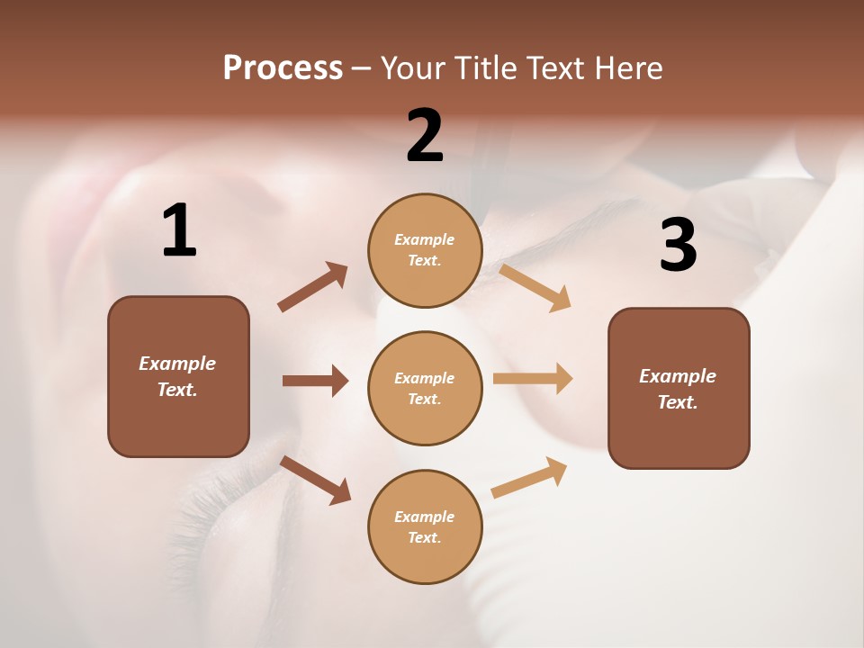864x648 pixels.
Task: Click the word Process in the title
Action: click(283, 68)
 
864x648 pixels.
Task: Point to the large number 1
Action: click(179, 231)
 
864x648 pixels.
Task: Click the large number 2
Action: click(425, 136)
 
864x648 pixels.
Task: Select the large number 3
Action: click(678, 246)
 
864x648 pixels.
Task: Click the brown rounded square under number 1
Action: click(178, 376)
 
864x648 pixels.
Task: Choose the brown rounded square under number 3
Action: click(679, 388)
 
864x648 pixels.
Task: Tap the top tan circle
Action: click(425, 250)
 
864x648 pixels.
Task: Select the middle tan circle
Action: click(425, 388)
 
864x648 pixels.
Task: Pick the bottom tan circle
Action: click(425, 526)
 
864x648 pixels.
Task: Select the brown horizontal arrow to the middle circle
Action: click(315, 381)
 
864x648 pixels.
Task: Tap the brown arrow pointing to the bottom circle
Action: click(315, 480)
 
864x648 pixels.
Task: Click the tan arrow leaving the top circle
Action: click(535, 287)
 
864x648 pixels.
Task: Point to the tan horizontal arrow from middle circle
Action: click(533, 379)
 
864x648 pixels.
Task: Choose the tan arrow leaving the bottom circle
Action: click(529, 477)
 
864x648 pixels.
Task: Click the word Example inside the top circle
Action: click(425, 239)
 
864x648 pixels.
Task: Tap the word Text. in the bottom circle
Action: click(425, 537)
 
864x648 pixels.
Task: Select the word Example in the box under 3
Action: click(678, 376)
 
